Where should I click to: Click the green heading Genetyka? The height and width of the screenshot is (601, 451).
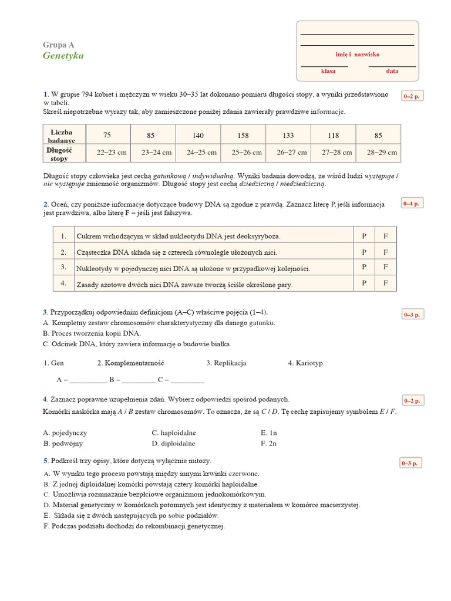[63, 56]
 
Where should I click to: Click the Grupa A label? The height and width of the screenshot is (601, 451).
[59, 45]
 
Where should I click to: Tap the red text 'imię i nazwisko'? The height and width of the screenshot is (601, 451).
[357, 55]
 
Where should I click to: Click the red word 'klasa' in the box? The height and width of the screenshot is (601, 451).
[328, 71]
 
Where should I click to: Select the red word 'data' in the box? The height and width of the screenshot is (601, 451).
[392, 71]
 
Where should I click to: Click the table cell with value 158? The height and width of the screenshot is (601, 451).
[243, 136]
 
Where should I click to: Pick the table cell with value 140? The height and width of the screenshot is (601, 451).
[198, 136]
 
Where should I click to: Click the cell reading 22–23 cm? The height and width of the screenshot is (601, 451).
[112, 153]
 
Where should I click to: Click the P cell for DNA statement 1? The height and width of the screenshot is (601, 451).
[364, 236]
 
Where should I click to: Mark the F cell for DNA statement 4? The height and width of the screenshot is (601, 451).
[386, 283]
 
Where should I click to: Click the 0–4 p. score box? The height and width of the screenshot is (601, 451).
[411, 204]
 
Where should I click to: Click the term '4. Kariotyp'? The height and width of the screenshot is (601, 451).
[305, 363]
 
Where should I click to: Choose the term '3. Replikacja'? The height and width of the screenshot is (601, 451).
[226, 363]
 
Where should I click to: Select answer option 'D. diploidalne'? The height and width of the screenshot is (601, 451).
[173, 444]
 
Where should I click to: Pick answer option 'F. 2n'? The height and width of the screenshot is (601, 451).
[268, 444]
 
